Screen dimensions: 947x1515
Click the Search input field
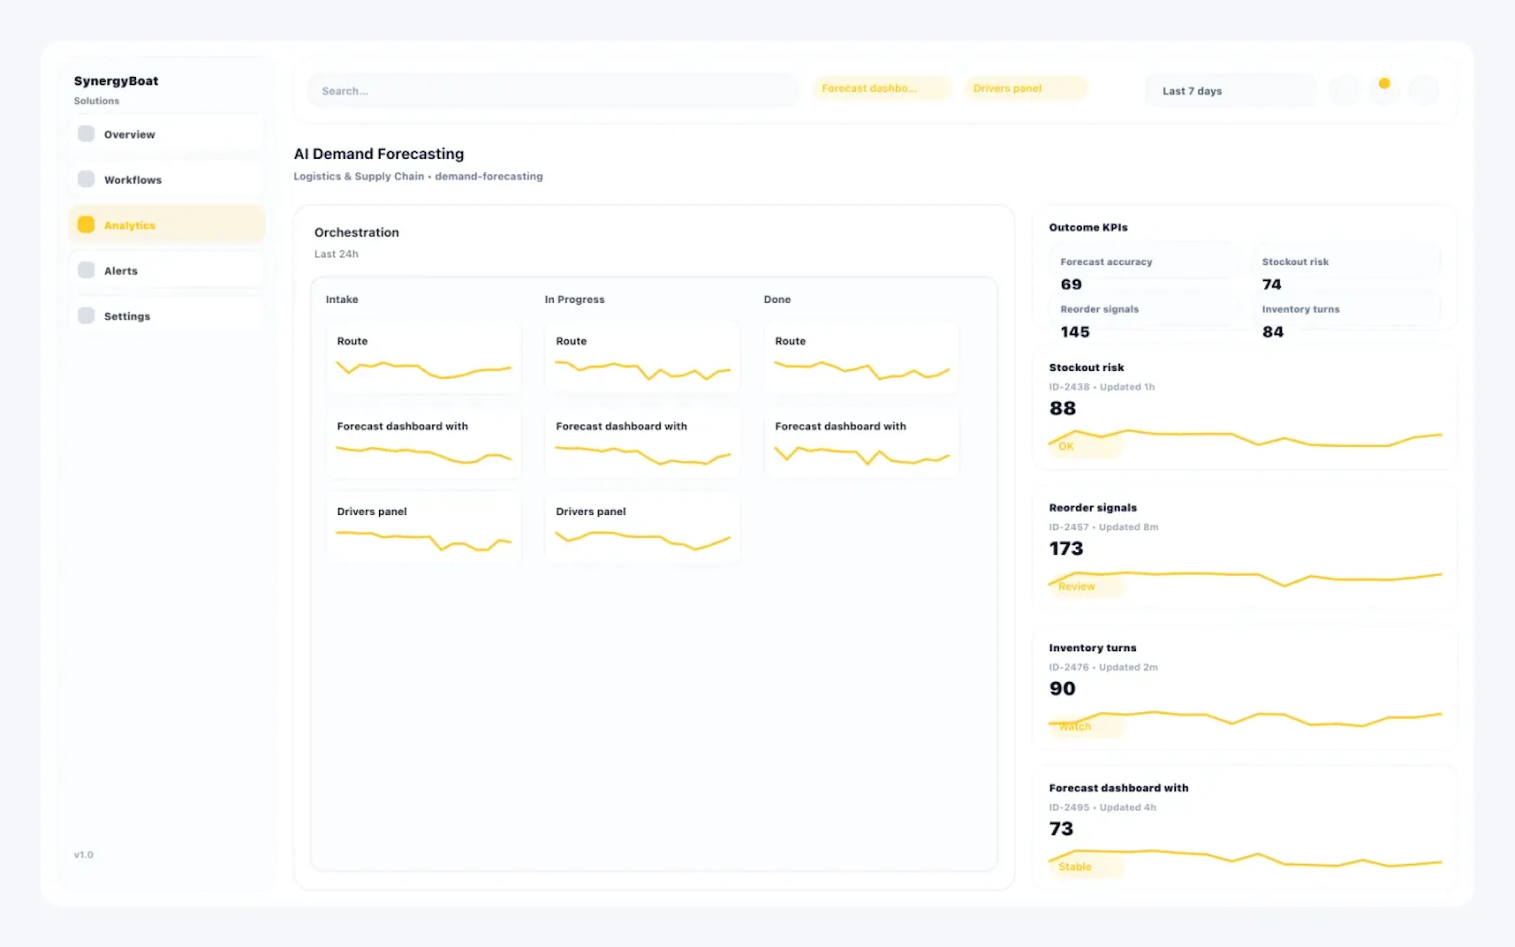[552, 91]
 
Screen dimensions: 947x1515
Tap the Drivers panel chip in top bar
[1025, 88]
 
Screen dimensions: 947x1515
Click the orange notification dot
[1384, 83]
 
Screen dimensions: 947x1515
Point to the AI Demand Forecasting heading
[379, 154]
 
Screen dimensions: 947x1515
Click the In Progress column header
[574, 299]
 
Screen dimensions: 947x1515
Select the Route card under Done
[861, 357]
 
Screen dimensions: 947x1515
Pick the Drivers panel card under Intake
[423, 528]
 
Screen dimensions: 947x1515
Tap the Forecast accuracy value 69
[1070, 284]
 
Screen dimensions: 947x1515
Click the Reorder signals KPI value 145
[1074, 332]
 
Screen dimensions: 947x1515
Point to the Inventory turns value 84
[1272, 332]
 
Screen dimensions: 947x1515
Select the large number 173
[1066, 548]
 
